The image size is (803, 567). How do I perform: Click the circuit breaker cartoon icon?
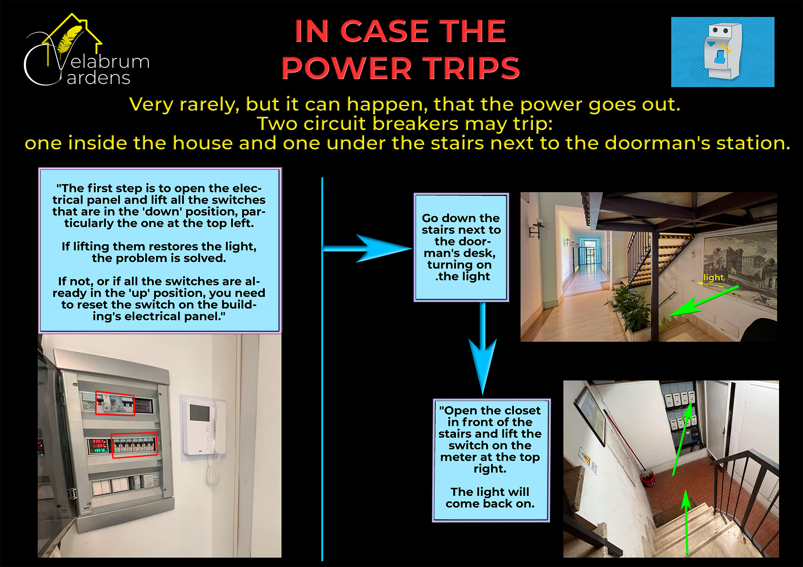pyautogui.click(x=723, y=52)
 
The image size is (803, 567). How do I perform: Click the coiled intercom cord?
pyautogui.click(x=213, y=470)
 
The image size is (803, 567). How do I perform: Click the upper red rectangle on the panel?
pyautogui.click(x=115, y=403)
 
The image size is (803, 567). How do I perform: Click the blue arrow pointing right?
pyautogui.click(x=367, y=248)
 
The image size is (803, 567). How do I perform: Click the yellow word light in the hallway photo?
pyautogui.click(x=713, y=277)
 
